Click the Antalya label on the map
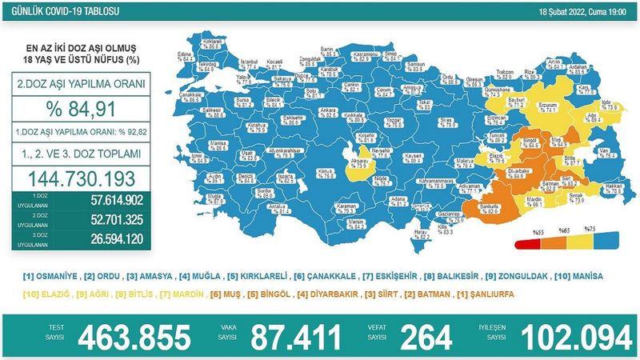pos(277,206)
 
